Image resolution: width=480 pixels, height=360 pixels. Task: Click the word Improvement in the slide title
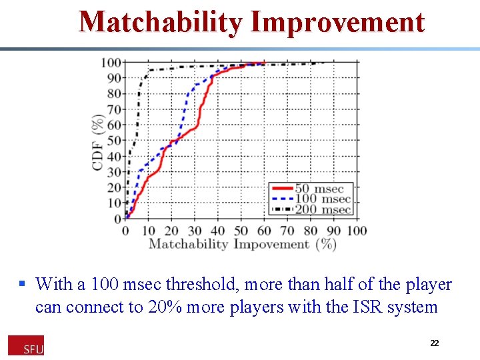(x=337, y=22)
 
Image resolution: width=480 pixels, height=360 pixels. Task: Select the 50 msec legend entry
(x=311, y=189)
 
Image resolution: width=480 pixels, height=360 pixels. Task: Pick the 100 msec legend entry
(x=311, y=199)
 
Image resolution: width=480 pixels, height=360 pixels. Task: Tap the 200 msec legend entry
(x=311, y=209)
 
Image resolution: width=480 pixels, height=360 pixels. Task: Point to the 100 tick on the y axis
(x=111, y=63)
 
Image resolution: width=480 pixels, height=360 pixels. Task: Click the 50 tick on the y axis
(x=114, y=141)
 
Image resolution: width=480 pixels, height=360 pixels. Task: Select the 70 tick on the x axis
(x=287, y=231)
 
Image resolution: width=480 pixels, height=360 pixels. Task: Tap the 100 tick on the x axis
(x=357, y=231)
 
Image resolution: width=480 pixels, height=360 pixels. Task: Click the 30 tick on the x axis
(x=195, y=231)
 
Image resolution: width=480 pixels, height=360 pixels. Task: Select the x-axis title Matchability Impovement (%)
(x=242, y=244)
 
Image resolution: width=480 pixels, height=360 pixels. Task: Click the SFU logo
(x=26, y=345)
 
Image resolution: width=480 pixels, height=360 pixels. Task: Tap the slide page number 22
(x=434, y=343)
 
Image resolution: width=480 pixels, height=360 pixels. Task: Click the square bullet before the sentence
(x=22, y=284)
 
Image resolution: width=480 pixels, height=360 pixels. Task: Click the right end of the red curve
(x=264, y=63)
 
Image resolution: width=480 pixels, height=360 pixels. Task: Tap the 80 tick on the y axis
(x=114, y=94)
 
